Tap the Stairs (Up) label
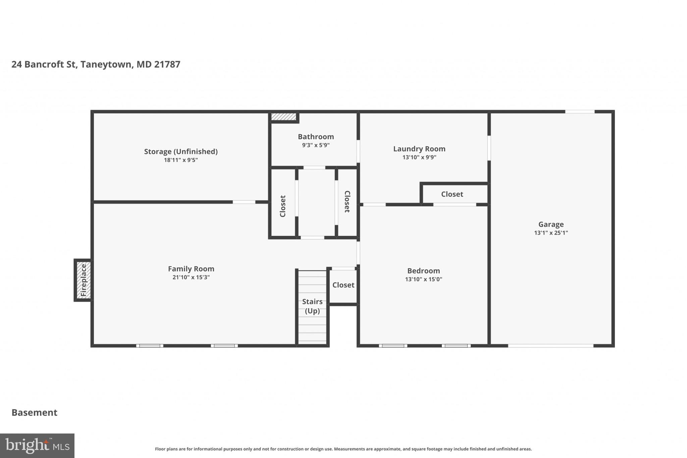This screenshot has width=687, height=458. click(312, 306)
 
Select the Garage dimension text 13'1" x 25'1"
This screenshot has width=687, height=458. click(551, 233)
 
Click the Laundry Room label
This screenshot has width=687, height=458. click(419, 149)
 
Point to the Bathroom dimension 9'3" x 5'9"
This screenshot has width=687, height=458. click(316, 145)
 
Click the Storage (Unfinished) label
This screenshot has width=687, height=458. click(181, 151)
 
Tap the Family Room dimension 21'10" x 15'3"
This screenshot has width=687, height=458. click(191, 277)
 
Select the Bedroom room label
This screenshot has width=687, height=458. click(423, 270)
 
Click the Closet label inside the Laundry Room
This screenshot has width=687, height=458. click(452, 194)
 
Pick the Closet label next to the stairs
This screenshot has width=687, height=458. click(343, 285)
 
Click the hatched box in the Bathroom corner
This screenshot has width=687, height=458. click(284, 117)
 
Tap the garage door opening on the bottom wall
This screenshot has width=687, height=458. click(550, 346)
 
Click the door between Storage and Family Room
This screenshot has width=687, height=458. click(244, 202)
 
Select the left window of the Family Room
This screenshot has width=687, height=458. click(150, 346)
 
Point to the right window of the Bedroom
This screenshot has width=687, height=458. click(456, 346)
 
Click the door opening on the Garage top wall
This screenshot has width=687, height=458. click(580, 112)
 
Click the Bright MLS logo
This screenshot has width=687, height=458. click(37, 446)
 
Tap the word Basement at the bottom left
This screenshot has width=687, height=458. click(35, 412)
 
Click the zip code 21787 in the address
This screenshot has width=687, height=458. click(167, 64)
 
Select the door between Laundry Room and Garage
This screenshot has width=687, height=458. click(489, 148)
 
